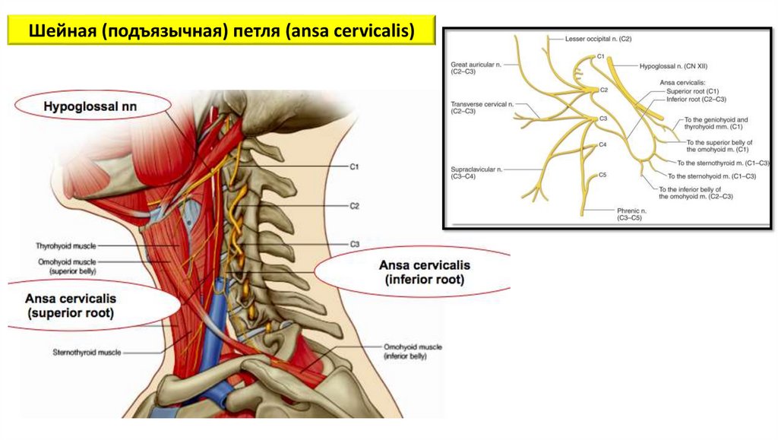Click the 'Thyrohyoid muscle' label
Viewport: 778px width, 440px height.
64,245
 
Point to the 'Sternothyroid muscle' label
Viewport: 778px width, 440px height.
87,353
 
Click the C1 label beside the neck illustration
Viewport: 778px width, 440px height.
354,166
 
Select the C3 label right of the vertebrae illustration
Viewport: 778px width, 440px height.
354,244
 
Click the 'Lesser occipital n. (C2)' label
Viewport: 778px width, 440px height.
598,38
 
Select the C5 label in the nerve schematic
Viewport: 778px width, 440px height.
602,176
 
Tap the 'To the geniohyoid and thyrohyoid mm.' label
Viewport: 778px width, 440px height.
716,124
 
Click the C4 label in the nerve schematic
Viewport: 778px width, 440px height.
602,144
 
